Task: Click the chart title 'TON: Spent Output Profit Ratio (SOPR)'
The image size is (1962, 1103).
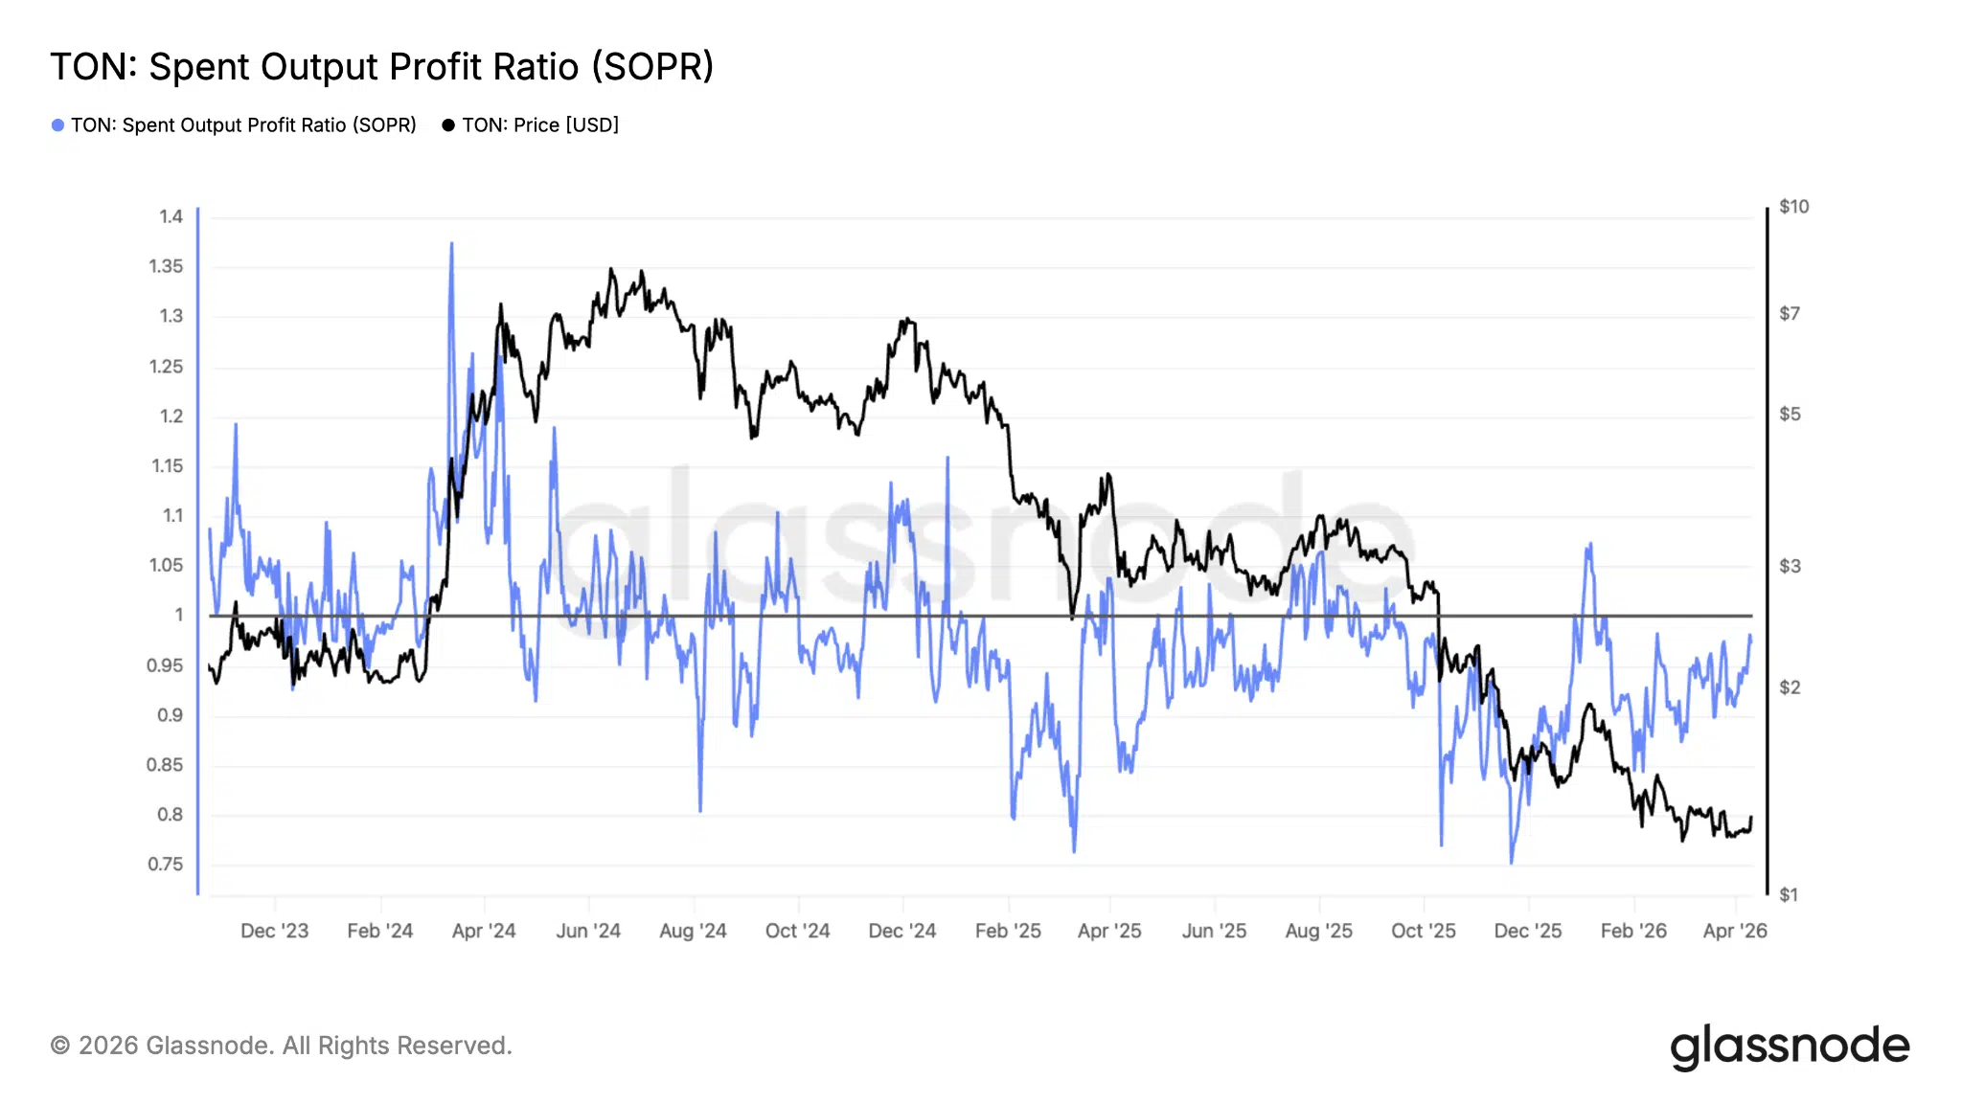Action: [381, 67]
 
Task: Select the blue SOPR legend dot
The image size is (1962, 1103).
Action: [57, 125]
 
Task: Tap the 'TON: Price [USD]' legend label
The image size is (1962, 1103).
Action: [540, 125]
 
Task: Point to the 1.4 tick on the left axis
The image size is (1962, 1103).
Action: [171, 216]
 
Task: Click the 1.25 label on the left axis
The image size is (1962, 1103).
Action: [166, 367]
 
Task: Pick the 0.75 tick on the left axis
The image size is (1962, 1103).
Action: [165, 865]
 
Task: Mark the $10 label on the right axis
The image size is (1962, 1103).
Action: [1793, 207]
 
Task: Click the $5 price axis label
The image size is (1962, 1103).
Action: [1790, 415]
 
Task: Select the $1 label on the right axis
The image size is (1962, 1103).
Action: [1789, 895]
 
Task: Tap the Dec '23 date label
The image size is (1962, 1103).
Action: [274, 931]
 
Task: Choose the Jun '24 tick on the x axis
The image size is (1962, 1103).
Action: [588, 931]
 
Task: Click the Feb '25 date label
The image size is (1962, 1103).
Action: [1008, 931]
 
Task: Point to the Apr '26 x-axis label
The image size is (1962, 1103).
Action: [1735, 931]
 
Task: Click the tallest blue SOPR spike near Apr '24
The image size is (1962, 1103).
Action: [451, 245]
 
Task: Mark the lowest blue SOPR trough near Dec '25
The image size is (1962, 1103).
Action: [1512, 862]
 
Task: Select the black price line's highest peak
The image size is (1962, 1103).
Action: [611, 270]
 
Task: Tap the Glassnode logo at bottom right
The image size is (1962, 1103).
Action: [1790, 1047]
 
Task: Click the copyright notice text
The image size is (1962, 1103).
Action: [281, 1046]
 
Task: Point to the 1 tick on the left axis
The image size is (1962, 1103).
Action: [178, 615]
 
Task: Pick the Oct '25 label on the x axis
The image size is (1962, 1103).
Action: [1423, 931]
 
